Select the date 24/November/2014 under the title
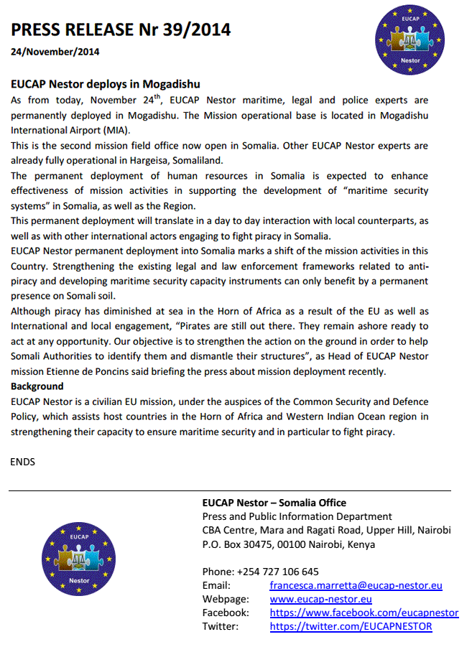click(55, 52)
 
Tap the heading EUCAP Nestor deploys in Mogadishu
click(105, 84)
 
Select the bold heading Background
click(37, 386)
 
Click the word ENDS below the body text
click(23, 462)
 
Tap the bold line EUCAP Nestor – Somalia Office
click(274, 503)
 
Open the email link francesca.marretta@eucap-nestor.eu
click(356, 585)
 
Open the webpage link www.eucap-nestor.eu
click(320, 599)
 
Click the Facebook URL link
click(364, 613)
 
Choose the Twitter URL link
click(351, 626)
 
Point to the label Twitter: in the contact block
click(221, 626)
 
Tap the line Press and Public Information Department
click(297, 516)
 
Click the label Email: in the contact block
click(217, 585)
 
